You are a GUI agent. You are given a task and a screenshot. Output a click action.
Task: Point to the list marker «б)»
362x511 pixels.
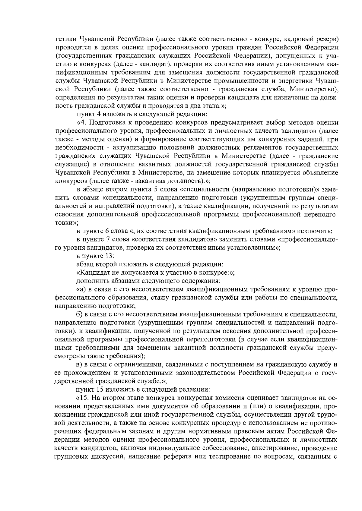point(79,315)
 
